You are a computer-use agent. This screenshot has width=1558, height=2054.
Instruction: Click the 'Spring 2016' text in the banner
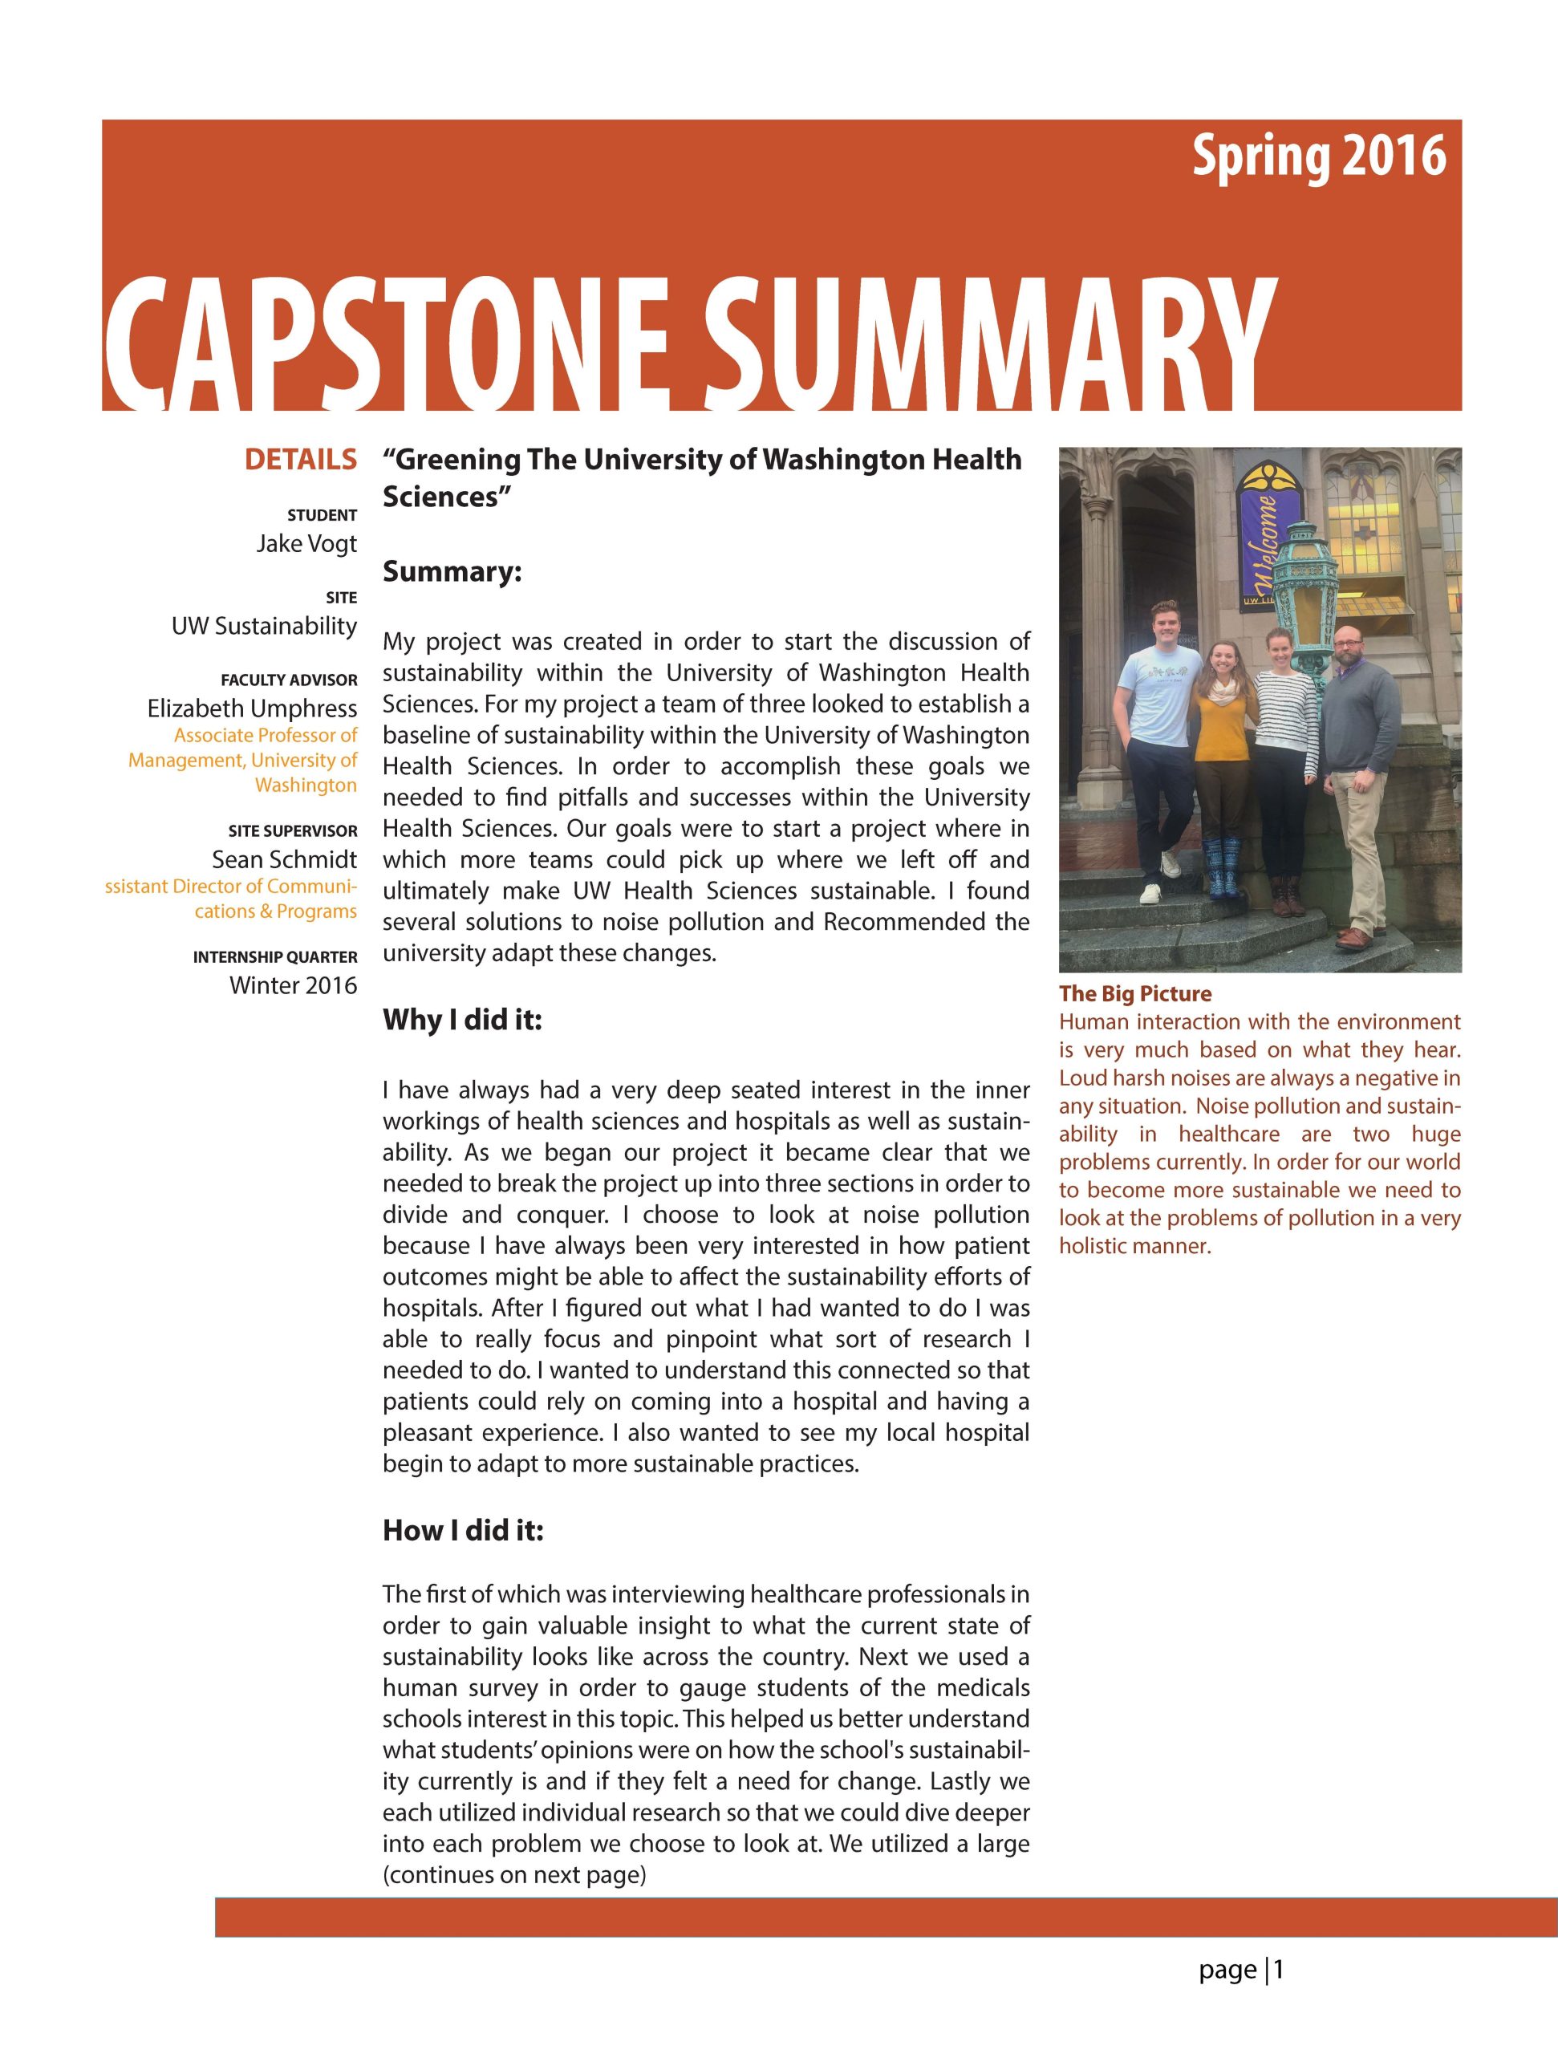coord(1318,156)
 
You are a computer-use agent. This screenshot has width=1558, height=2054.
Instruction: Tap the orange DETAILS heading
coord(300,459)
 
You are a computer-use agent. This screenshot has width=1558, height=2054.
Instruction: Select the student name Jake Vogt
coord(306,543)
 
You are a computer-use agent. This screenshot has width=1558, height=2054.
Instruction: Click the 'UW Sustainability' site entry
coord(264,626)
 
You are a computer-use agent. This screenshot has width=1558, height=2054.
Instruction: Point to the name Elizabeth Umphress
coord(252,708)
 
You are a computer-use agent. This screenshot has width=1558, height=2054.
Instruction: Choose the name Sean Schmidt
coord(284,859)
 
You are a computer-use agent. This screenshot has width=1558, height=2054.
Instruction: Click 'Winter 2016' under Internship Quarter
coord(293,984)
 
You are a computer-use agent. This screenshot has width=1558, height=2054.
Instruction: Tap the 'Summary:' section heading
coord(452,571)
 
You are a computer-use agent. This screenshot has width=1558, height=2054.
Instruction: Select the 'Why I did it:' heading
coord(461,1020)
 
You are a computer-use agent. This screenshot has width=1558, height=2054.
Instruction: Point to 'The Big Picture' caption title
coord(1134,993)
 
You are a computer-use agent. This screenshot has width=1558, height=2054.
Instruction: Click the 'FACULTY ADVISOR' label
coord(289,680)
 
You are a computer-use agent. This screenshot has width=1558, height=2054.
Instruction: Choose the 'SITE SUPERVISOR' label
coord(293,831)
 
